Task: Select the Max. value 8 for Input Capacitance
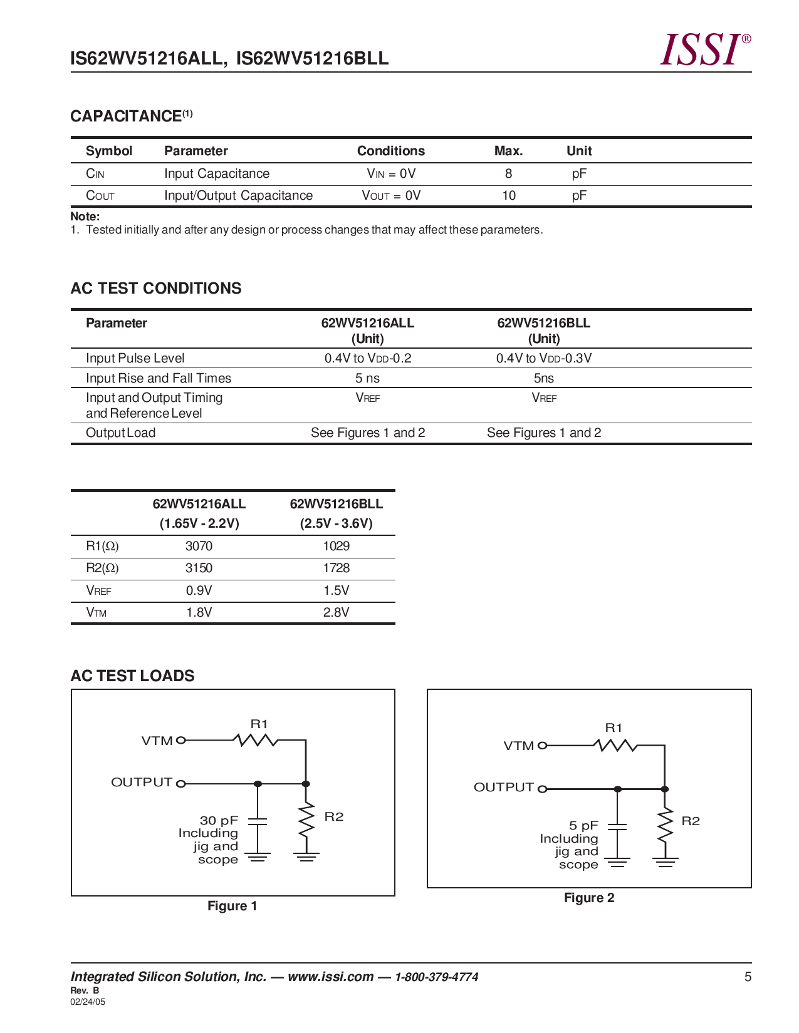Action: tap(508, 174)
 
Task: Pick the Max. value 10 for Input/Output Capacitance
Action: tap(508, 196)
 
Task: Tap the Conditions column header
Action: tap(390, 151)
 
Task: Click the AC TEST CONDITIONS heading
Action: tap(156, 289)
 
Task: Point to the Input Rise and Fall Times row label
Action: tap(159, 378)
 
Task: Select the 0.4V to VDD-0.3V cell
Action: tap(543, 358)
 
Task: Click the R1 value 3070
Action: tap(199, 546)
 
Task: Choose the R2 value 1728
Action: tap(336, 568)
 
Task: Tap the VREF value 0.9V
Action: tap(199, 590)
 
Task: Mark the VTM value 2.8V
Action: tap(336, 612)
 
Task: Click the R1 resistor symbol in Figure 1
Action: tap(256, 740)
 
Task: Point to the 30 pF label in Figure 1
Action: tap(219, 820)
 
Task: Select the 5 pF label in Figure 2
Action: tap(583, 826)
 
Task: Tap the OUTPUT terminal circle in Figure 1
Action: tap(180, 783)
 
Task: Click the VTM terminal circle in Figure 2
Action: tap(543, 746)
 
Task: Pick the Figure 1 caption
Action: tap(232, 906)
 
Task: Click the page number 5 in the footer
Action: tap(747, 977)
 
